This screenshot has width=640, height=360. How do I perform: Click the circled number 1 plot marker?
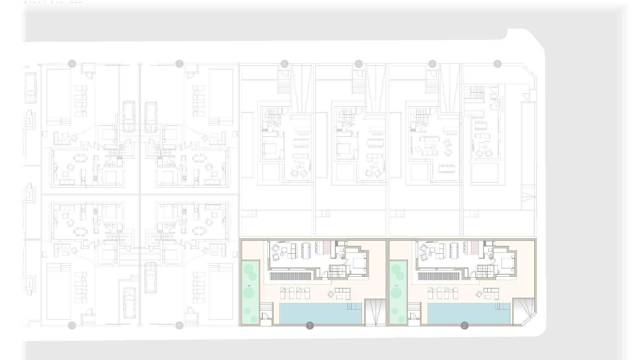pos(310,326)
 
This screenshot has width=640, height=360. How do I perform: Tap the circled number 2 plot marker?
pos(464,326)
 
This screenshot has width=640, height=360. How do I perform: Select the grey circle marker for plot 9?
pos(72,64)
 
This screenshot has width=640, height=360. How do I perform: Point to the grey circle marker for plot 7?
pos(179,64)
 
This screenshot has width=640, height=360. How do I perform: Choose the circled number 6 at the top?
pos(284,64)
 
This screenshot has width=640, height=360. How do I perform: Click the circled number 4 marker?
pos(432,64)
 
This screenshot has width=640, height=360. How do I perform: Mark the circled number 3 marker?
pos(497,64)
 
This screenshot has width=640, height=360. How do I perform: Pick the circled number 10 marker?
pos(72,325)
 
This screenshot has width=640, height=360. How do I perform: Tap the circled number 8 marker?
pos(179,325)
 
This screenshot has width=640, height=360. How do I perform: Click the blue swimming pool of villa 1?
pos(320,313)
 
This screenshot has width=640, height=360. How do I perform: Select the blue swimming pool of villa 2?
pos(468,313)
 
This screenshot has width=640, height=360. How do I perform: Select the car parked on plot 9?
pos(129,117)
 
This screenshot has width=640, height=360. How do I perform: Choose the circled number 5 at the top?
pos(359,64)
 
